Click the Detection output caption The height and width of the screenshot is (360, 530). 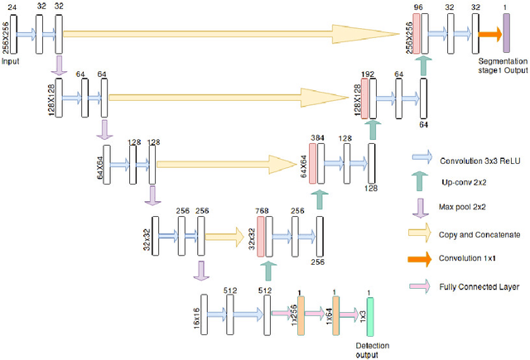370,350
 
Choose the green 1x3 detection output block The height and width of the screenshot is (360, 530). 370,315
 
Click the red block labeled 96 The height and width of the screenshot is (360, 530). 417,34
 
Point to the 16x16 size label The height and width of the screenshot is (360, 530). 195,315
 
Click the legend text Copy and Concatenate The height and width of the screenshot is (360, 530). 476,235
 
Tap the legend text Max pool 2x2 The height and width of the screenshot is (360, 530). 463,208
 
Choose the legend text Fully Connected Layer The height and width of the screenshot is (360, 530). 478,287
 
